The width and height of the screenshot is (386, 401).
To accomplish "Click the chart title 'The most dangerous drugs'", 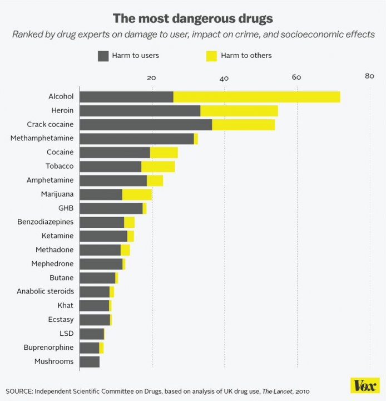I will point(193,18).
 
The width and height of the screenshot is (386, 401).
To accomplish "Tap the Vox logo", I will point(365,385).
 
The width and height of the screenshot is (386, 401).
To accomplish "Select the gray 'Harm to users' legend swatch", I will point(103,56).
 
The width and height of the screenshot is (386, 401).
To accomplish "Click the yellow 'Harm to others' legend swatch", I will point(211,56).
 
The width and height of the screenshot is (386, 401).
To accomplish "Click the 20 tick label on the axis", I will point(151,77).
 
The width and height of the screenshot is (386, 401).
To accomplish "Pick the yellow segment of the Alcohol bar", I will point(256,97).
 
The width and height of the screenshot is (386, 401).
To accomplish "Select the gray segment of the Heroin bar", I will point(140,111).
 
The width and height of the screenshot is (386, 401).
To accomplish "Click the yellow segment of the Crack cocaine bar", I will point(243,125).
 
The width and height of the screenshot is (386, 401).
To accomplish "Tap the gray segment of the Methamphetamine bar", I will point(136,139).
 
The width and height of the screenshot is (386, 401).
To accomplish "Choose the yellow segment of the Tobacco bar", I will point(158,167).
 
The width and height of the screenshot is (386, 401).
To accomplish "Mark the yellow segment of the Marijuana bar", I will point(137,194).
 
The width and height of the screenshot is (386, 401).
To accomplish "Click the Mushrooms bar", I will point(90,362).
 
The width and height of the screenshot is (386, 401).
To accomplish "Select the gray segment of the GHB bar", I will point(111,208).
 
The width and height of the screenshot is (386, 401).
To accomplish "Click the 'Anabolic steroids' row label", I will point(45,291).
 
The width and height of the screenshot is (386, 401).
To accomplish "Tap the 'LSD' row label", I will point(66,334).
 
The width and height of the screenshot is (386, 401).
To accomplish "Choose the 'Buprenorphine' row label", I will point(48,348).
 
